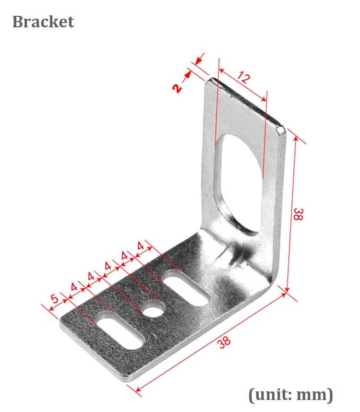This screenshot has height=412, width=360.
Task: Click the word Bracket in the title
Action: point(43,22)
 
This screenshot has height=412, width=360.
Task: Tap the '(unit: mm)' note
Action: point(290,395)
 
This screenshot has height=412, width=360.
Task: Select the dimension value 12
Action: point(244,78)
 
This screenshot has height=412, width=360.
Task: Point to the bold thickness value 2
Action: point(177,89)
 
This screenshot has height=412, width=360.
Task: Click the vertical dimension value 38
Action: point(298,214)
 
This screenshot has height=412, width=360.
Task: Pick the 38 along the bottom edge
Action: point(224,342)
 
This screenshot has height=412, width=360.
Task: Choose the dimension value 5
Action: point(54,299)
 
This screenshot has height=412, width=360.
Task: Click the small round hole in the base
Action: point(153,310)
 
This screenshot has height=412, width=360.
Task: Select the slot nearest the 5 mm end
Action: point(120,330)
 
